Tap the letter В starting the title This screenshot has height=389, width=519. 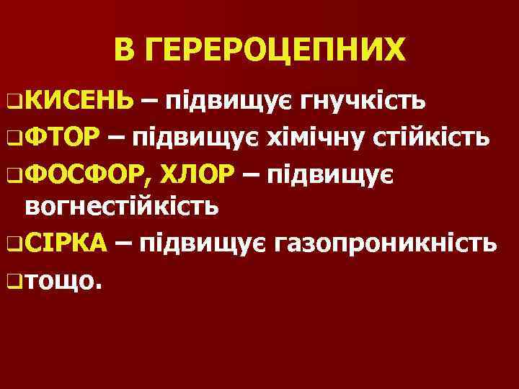click(x=124, y=52)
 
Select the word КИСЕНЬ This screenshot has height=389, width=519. click(x=81, y=102)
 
